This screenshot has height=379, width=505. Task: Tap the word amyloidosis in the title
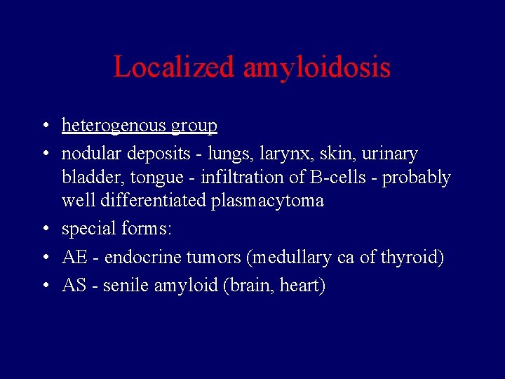[317, 67]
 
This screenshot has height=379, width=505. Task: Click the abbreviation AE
[74, 258]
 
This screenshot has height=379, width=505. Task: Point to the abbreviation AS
[74, 286]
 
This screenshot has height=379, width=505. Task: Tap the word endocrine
[143, 258]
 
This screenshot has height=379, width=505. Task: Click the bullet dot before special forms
[43, 230]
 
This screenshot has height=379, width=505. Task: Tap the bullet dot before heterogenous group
[43, 126]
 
